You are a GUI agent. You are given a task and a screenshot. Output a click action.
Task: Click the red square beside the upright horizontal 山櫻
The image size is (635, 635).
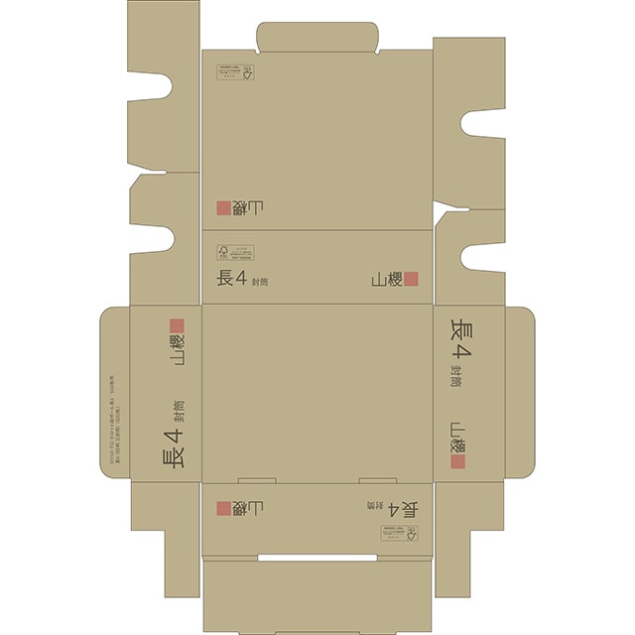pos(412,280)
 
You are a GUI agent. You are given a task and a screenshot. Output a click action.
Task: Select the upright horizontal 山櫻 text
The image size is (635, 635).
pos(387,280)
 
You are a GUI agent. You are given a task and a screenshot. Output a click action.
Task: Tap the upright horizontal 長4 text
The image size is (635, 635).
pos(230,279)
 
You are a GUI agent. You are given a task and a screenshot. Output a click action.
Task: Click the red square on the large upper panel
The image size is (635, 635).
pos(224,207)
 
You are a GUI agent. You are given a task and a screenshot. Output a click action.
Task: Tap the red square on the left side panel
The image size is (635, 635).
pos(177,325)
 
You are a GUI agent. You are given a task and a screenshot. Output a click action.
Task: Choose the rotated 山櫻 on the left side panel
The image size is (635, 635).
pos(178,351)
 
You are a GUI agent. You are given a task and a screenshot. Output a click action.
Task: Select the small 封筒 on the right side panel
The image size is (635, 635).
pos(456,376)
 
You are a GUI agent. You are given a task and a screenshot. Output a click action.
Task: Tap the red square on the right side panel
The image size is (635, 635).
pos(458,460)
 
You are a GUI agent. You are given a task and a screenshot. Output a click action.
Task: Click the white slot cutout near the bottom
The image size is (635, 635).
pos(318,559)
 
